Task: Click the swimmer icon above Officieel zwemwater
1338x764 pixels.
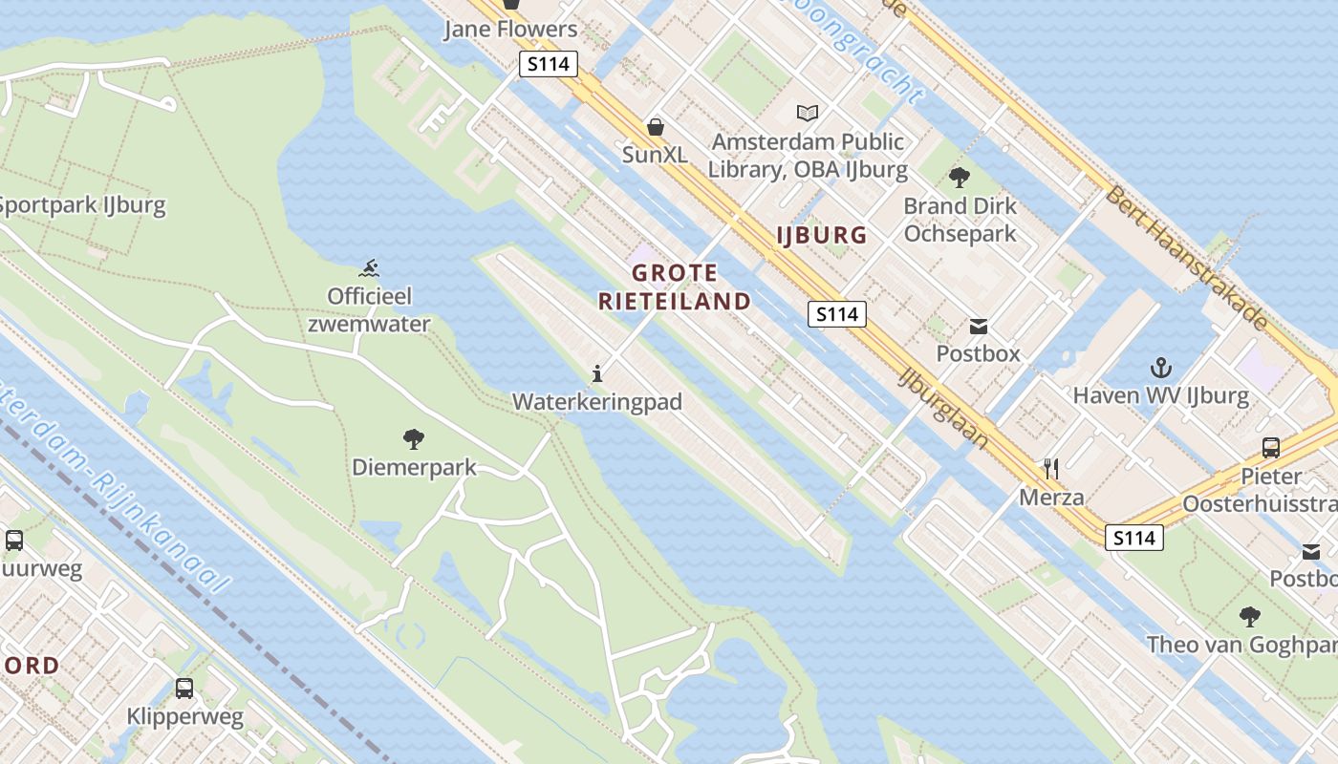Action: click(x=370, y=267)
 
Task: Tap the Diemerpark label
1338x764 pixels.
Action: click(x=414, y=468)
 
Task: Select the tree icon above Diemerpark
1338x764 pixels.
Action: click(x=414, y=439)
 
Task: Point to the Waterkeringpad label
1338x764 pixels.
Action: click(x=597, y=402)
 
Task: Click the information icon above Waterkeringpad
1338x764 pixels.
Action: click(x=597, y=373)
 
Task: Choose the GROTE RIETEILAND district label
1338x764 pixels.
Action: click(x=675, y=287)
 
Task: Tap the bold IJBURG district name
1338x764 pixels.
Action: click(x=822, y=235)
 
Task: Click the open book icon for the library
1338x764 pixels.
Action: click(x=808, y=113)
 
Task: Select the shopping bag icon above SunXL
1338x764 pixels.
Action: click(x=656, y=126)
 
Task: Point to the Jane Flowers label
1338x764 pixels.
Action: click(x=510, y=30)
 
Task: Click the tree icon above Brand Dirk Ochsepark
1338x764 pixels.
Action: click(x=960, y=177)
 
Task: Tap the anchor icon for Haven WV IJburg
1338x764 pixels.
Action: click(x=1160, y=367)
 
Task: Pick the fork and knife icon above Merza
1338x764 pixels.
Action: click(x=1051, y=468)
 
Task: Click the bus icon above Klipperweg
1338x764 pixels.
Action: click(x=184, y=688)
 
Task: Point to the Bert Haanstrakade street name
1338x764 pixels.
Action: click(x=1187, y=258)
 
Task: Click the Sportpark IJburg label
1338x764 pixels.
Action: click(x=82, y=205)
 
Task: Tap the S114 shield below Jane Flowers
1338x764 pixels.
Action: click(x=549, y=65)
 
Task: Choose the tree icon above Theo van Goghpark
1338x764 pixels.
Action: click(x=1249, y=616)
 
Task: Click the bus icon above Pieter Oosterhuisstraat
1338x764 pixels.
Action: click(x=1271, y=447)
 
